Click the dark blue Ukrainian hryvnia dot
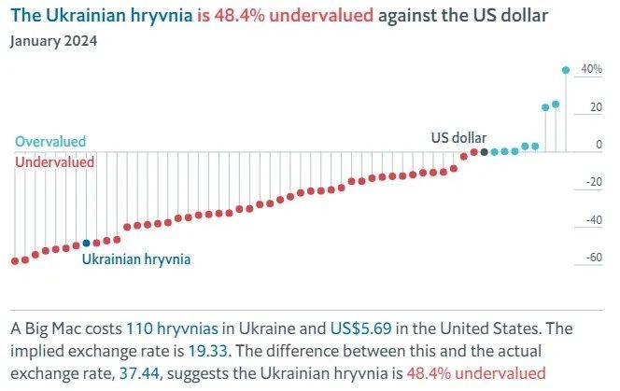(87, 243)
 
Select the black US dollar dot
(484, 151)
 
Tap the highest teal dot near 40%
(566, 69)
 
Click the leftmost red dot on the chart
(14, 261)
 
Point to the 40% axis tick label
(591, 69)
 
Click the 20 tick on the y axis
(595, 107)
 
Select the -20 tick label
(592, 183)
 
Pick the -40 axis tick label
(592, 220)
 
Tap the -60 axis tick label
(592, 258)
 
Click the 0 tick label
(599, 145)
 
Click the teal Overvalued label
(50, 142)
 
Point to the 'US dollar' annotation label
(458, 137)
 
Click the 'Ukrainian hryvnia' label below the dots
(136, 259)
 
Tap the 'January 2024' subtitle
(54, 41)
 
